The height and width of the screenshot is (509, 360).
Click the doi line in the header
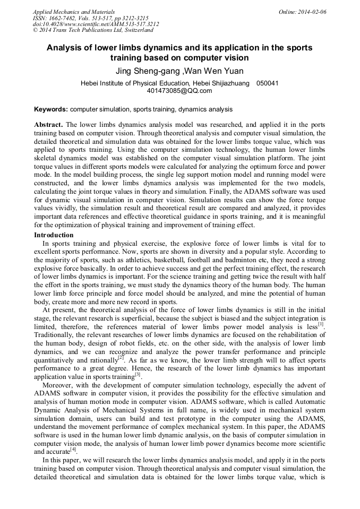96,24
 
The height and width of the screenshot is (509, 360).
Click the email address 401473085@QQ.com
179,91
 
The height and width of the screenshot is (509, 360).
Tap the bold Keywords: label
51,109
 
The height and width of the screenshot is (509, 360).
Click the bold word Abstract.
48,124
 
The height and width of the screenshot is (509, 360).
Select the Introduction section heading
54,235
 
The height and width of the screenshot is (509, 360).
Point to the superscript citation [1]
320,324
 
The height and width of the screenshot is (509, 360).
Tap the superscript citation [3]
137,374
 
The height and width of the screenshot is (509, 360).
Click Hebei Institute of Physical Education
139,83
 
